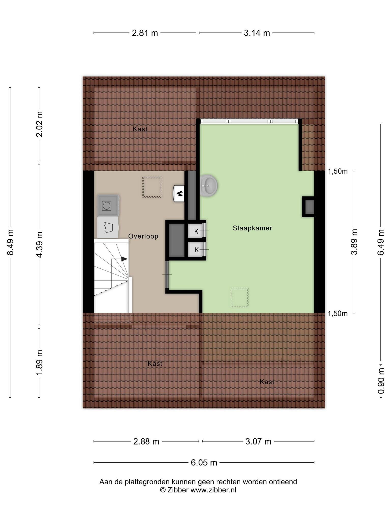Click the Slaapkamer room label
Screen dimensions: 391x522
coord(252,228)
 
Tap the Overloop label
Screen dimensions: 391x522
coord(143,236)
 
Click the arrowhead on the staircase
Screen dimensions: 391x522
coord(124,259)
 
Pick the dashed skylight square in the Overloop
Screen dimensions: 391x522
coord(152,187)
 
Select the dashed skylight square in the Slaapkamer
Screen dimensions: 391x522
coord(240,297)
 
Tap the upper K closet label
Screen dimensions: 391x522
coord(196,232)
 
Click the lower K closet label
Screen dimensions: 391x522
coord(196,250)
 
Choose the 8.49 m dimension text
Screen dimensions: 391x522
coord(10,242)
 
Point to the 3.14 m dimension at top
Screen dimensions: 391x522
coord(257,33)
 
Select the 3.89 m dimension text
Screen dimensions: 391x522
coord(354,242)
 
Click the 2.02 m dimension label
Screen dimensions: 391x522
coord(39,124)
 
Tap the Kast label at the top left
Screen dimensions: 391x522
coord(140,129)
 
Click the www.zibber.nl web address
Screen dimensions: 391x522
coord(213,490)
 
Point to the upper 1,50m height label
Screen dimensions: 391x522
coord(338,171)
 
